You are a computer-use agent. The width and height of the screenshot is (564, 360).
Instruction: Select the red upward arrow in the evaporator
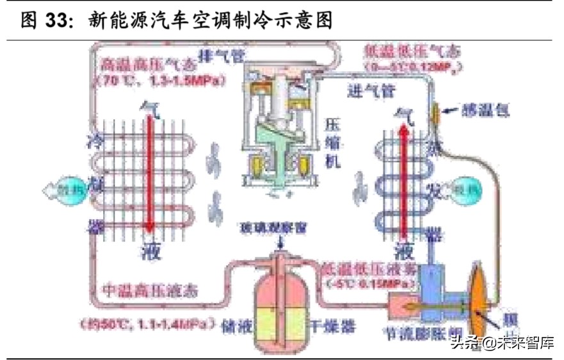[x=403, y=179]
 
